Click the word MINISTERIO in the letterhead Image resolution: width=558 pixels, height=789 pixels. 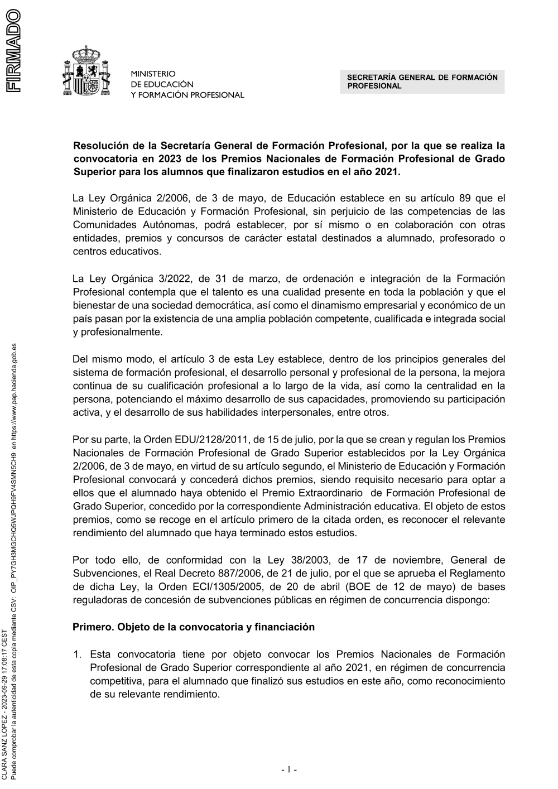153,74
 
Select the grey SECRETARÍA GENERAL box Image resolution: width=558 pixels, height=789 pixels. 422,81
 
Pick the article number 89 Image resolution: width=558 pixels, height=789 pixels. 464,198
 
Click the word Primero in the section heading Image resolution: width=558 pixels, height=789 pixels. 93,627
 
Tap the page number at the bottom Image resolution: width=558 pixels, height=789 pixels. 289,770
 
